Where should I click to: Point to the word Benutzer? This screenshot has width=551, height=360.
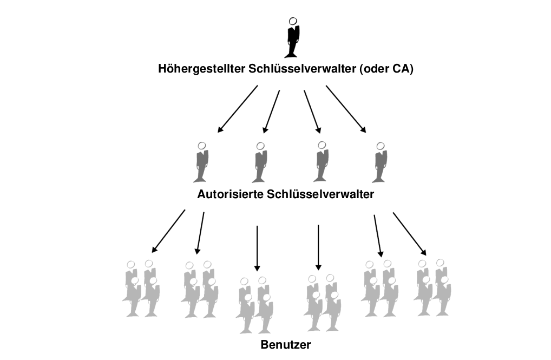pyautogui.click(x=286, y=345)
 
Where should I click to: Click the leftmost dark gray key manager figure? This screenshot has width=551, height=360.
pyautogui.click(x=201, y=162)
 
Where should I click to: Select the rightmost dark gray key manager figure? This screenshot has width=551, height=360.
pyautogui.click(x=380, y=162)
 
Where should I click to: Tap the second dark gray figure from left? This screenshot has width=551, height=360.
pyautogui.click(x=260, y=162)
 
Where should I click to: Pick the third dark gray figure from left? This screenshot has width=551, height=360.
pyautogui.click(x=321, y=162)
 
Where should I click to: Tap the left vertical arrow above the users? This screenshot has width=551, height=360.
pyautogui.click(x=257, y=248)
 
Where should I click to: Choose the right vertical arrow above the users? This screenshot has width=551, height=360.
pyautogui.click(x=318, y=248)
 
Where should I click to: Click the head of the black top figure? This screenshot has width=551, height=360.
pyautogui.click(x=293, y=21)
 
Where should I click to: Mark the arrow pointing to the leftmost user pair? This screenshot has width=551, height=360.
pyautogui.click(x=168, y=231)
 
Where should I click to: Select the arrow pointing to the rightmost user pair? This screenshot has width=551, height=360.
pyautogui.click(x=409, y=234)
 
